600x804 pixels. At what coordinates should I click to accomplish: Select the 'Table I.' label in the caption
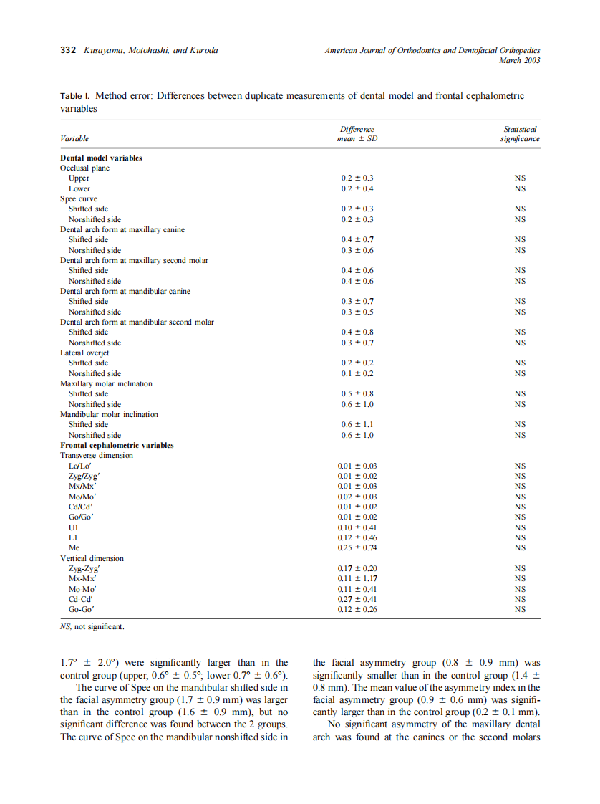pos(74,96)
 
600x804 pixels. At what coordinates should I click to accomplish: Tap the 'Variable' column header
pos(74,139)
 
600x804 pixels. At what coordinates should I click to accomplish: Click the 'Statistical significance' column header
pos(520,134)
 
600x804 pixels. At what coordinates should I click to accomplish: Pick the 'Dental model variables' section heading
pos(101,158)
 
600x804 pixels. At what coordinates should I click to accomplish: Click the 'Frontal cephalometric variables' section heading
pos(117,445)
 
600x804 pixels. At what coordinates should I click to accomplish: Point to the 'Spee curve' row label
pos(79,198)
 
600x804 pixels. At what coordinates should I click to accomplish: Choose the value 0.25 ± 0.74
pos(357,547)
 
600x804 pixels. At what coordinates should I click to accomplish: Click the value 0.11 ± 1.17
pos(357,578)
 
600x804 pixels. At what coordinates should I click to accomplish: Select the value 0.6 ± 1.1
pos(357,424)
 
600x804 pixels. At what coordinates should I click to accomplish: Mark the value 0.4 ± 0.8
pos(357,332)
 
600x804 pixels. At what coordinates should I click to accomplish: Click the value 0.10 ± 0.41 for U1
pos(357,527)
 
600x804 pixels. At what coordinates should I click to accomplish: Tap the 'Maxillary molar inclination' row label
pos(106,383)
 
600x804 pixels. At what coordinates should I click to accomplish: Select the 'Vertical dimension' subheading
pos(92,558)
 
